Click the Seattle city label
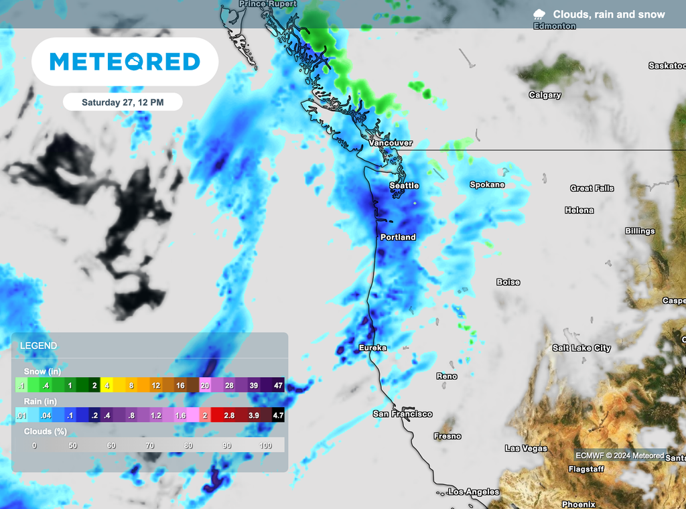[404, 186]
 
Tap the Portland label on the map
[398, 237]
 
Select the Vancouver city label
[391, 143]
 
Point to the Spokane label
[487, 184]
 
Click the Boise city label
[508, 282]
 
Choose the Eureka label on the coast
[372, 348]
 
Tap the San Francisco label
[403, 414]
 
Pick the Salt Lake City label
[581, 348]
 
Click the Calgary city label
[545, 95]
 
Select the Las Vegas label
[526, 448]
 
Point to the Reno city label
[447, 376]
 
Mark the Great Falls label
[592, 188]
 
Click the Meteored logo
[125, 62]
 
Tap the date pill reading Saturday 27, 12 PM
[123, 102]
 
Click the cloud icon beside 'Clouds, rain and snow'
[539, 14]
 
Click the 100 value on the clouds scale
[266, 445]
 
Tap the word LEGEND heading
[39, 346]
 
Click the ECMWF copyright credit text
[620, 455]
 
